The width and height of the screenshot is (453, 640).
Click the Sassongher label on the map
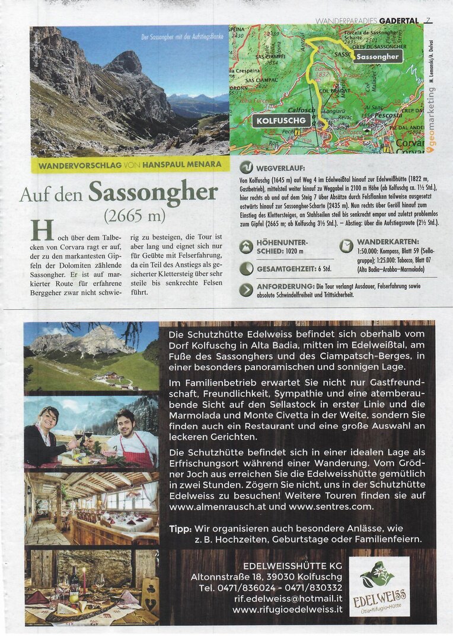(x=378, y=56)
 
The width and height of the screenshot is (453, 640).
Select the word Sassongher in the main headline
(x=153, y=191)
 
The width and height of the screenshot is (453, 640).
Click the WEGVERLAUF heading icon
(x=246, y=167)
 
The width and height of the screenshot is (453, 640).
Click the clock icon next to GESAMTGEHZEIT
(x=246, y=268)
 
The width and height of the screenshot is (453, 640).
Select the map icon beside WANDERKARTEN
(x=346, y=245)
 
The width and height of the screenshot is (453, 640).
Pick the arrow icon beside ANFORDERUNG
(x=246, y=290)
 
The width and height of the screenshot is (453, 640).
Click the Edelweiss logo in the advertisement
(x=379, y=586)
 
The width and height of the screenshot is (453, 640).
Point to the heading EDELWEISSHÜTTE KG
(x=292, y=565)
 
